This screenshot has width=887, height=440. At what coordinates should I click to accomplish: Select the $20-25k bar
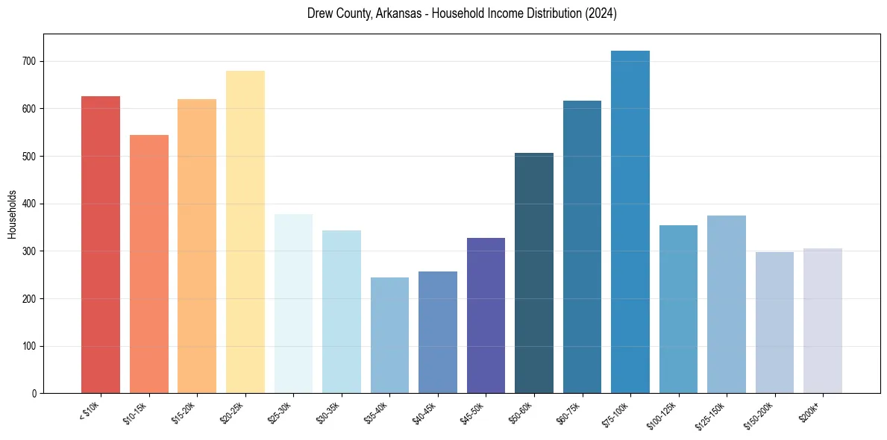point(245,232)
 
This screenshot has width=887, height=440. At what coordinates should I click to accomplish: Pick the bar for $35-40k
point(389,335)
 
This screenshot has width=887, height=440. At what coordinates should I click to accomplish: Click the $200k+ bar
point(822,321)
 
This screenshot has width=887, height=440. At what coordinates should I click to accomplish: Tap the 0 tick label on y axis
point(35,394)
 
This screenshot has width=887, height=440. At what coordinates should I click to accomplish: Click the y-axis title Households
point(12,214)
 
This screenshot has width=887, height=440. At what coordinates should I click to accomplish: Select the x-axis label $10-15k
point(136,412)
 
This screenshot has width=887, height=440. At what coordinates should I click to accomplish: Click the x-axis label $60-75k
point(569,412)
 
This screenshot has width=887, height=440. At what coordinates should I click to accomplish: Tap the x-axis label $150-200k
point(759,415)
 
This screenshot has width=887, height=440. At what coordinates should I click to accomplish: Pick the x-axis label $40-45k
point(424,412)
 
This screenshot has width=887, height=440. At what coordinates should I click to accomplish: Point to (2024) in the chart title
point(601,14)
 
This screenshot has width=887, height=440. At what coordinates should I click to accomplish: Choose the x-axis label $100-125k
point(664,415)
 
